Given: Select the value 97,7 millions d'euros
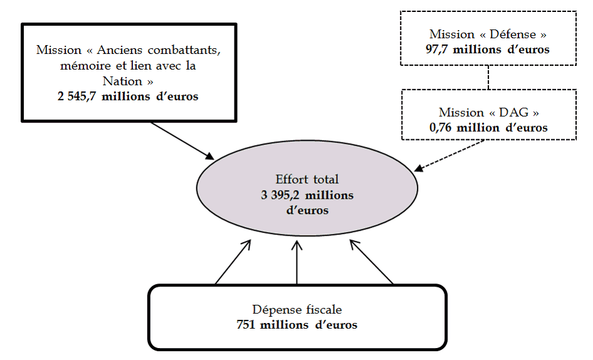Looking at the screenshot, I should pos(487,50).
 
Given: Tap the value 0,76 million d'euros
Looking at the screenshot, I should pos(487,127).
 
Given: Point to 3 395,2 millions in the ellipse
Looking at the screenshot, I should pos(307,195).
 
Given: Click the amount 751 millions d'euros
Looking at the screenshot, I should pos(297,325).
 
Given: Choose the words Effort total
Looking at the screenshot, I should pos(307,179).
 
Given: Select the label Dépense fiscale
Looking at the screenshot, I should pos(297,310).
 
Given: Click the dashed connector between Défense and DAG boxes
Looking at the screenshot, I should pos(488,77).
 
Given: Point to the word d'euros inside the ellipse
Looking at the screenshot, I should pos(307,211).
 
